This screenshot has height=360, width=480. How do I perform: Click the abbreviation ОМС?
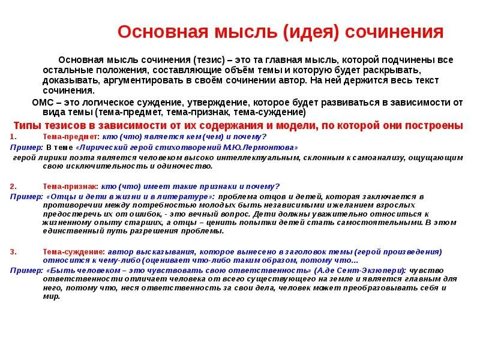click(43, 103)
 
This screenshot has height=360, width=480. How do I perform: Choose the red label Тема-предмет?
click(66, 137)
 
